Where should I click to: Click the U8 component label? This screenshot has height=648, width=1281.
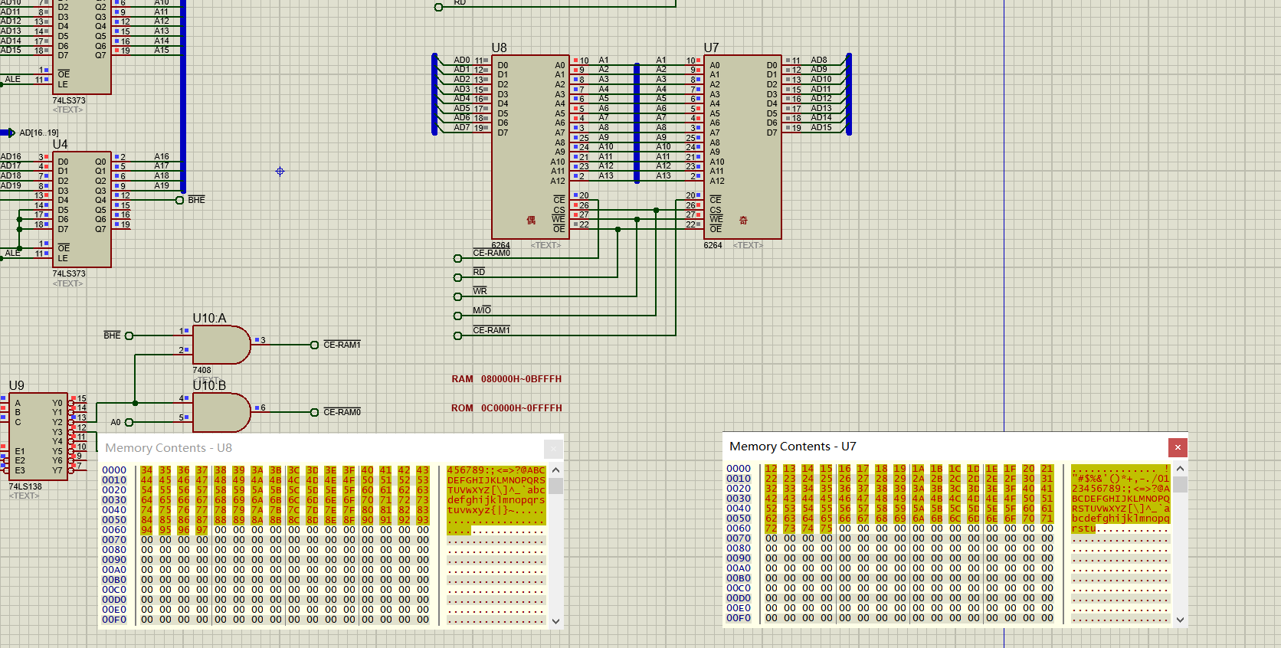point(499,47)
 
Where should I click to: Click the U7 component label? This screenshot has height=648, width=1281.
point(711,47)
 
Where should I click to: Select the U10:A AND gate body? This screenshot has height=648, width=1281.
point(219,345)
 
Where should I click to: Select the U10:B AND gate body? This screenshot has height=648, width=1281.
point(219,412)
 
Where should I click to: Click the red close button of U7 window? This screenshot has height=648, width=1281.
point(1178,447)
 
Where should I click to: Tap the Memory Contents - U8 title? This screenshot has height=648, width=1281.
point(169,448)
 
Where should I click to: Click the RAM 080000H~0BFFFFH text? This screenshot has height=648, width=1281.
point(506,379)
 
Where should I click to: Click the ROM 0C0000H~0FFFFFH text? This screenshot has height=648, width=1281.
point(506,408)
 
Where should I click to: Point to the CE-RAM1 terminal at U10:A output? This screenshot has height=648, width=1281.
point(341,345)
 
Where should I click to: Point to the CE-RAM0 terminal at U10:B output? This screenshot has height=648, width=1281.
point(341,412)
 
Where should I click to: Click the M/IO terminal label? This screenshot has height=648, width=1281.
point(482,310)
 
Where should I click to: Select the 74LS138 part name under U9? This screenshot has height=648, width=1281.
point(25,486)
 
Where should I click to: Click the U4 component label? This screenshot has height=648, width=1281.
point(60,144)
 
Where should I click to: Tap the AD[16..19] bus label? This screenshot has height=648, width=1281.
point(38,133)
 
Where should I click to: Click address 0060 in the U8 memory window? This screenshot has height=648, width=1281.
point(114,530)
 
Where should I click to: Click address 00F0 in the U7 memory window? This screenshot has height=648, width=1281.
point(739,618)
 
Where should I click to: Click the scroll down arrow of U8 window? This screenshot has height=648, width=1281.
point(556,621)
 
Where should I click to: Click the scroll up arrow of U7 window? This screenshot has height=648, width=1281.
point(1180,469)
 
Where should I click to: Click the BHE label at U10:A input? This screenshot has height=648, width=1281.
point(112,335)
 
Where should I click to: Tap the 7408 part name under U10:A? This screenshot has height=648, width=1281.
point(201,370)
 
